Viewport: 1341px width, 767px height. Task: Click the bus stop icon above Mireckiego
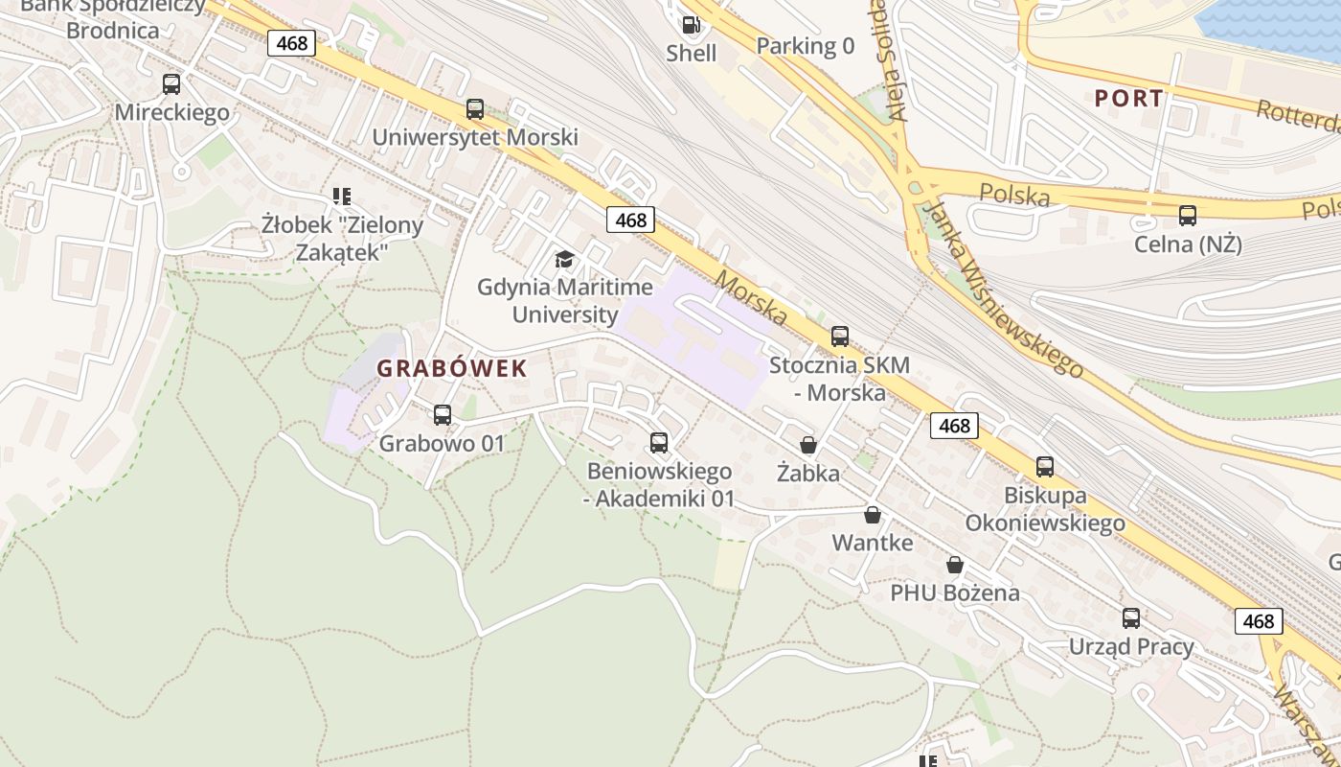pyautogui.click(x=171, y=84)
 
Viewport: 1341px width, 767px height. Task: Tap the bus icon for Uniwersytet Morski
pyautogui.click(x=475, y=109)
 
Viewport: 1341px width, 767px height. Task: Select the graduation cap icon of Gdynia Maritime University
pyautogui.click(x=565, y=259)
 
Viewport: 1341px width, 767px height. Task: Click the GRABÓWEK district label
pyautogui.click(x=452, y=368)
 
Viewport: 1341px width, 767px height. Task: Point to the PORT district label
pyautogui.click(x=1129, y=98)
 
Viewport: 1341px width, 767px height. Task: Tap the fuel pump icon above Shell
pyautogui.click(x=690, y=25)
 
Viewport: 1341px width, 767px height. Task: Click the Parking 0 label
pyautogui.click(x=805, y=46)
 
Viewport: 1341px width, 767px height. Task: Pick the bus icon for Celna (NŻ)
pyautogui.click(x=1188, y=216)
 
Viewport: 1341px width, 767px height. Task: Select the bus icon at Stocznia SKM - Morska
pyautogui.click(x=840, y=337)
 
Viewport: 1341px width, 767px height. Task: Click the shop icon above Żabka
pyautogui.click(x=808, y=445)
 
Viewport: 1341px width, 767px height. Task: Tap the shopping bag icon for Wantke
pyautogui.click(x=873, y=515)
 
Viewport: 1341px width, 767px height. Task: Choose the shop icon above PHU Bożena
pyautogui.click(x=955, y=565)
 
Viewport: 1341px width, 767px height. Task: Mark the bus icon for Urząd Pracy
pyautogui.click(x=1131, y=618)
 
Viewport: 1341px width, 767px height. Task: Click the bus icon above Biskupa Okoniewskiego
pyautogui.click(x=1045, y=467)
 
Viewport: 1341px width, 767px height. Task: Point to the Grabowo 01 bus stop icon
pyautogui.click(x=442, y=415)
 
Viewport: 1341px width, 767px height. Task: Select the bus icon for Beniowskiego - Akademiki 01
pyautogui.click(x=659, y=443)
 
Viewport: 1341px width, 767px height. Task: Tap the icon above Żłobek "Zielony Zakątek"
pyautogui.click(x=341, y=197)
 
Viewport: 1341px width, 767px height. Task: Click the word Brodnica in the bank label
pyautogui.click(x=113, y=30)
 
